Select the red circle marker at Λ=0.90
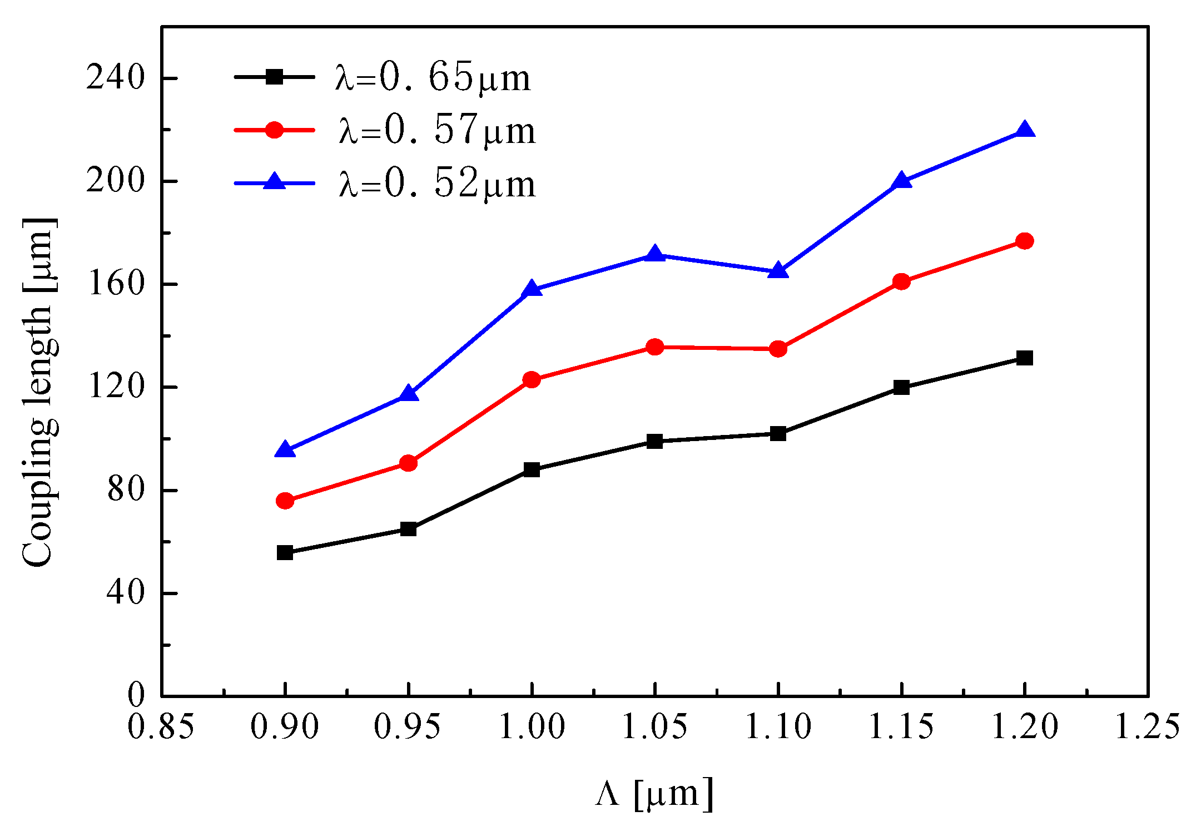click(285, 501)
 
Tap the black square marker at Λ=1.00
click(532, 469)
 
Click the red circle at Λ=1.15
click(901, 281)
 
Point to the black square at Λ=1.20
click(1024, 358)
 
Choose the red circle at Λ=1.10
click(778, 349)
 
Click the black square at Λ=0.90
click(285, 552)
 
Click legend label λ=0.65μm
click(433, 78)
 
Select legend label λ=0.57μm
click(437, 131)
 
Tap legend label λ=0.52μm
click(437, 184)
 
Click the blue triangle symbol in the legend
click(274, 182)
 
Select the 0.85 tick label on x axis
click(161, 726)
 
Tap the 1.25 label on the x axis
click(1148, 726)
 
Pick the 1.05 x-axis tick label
click(654, 726)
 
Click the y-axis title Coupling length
click(39, 392)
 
